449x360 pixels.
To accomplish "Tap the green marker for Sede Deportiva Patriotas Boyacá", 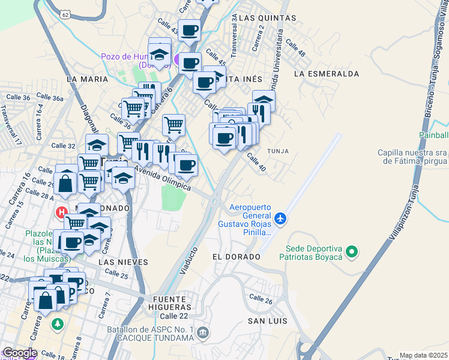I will click(x=352, y=251).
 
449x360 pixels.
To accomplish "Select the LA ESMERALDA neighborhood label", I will click(x=327, y=74).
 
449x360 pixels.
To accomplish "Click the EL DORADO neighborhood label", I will click(x=237, y=256).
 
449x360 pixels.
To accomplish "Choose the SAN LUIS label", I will click(x=268, y=321).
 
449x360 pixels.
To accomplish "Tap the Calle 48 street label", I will click(x=296, y=48).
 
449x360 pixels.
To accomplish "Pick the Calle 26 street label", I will click(x=261, y=299).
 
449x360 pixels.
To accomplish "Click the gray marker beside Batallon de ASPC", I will click(x=203, y=332).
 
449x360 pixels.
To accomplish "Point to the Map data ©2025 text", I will click(x=423, y=355).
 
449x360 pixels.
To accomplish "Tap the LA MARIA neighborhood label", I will click(x=88, y=79).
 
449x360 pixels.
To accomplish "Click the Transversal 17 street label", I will click(x=10, y=125).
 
